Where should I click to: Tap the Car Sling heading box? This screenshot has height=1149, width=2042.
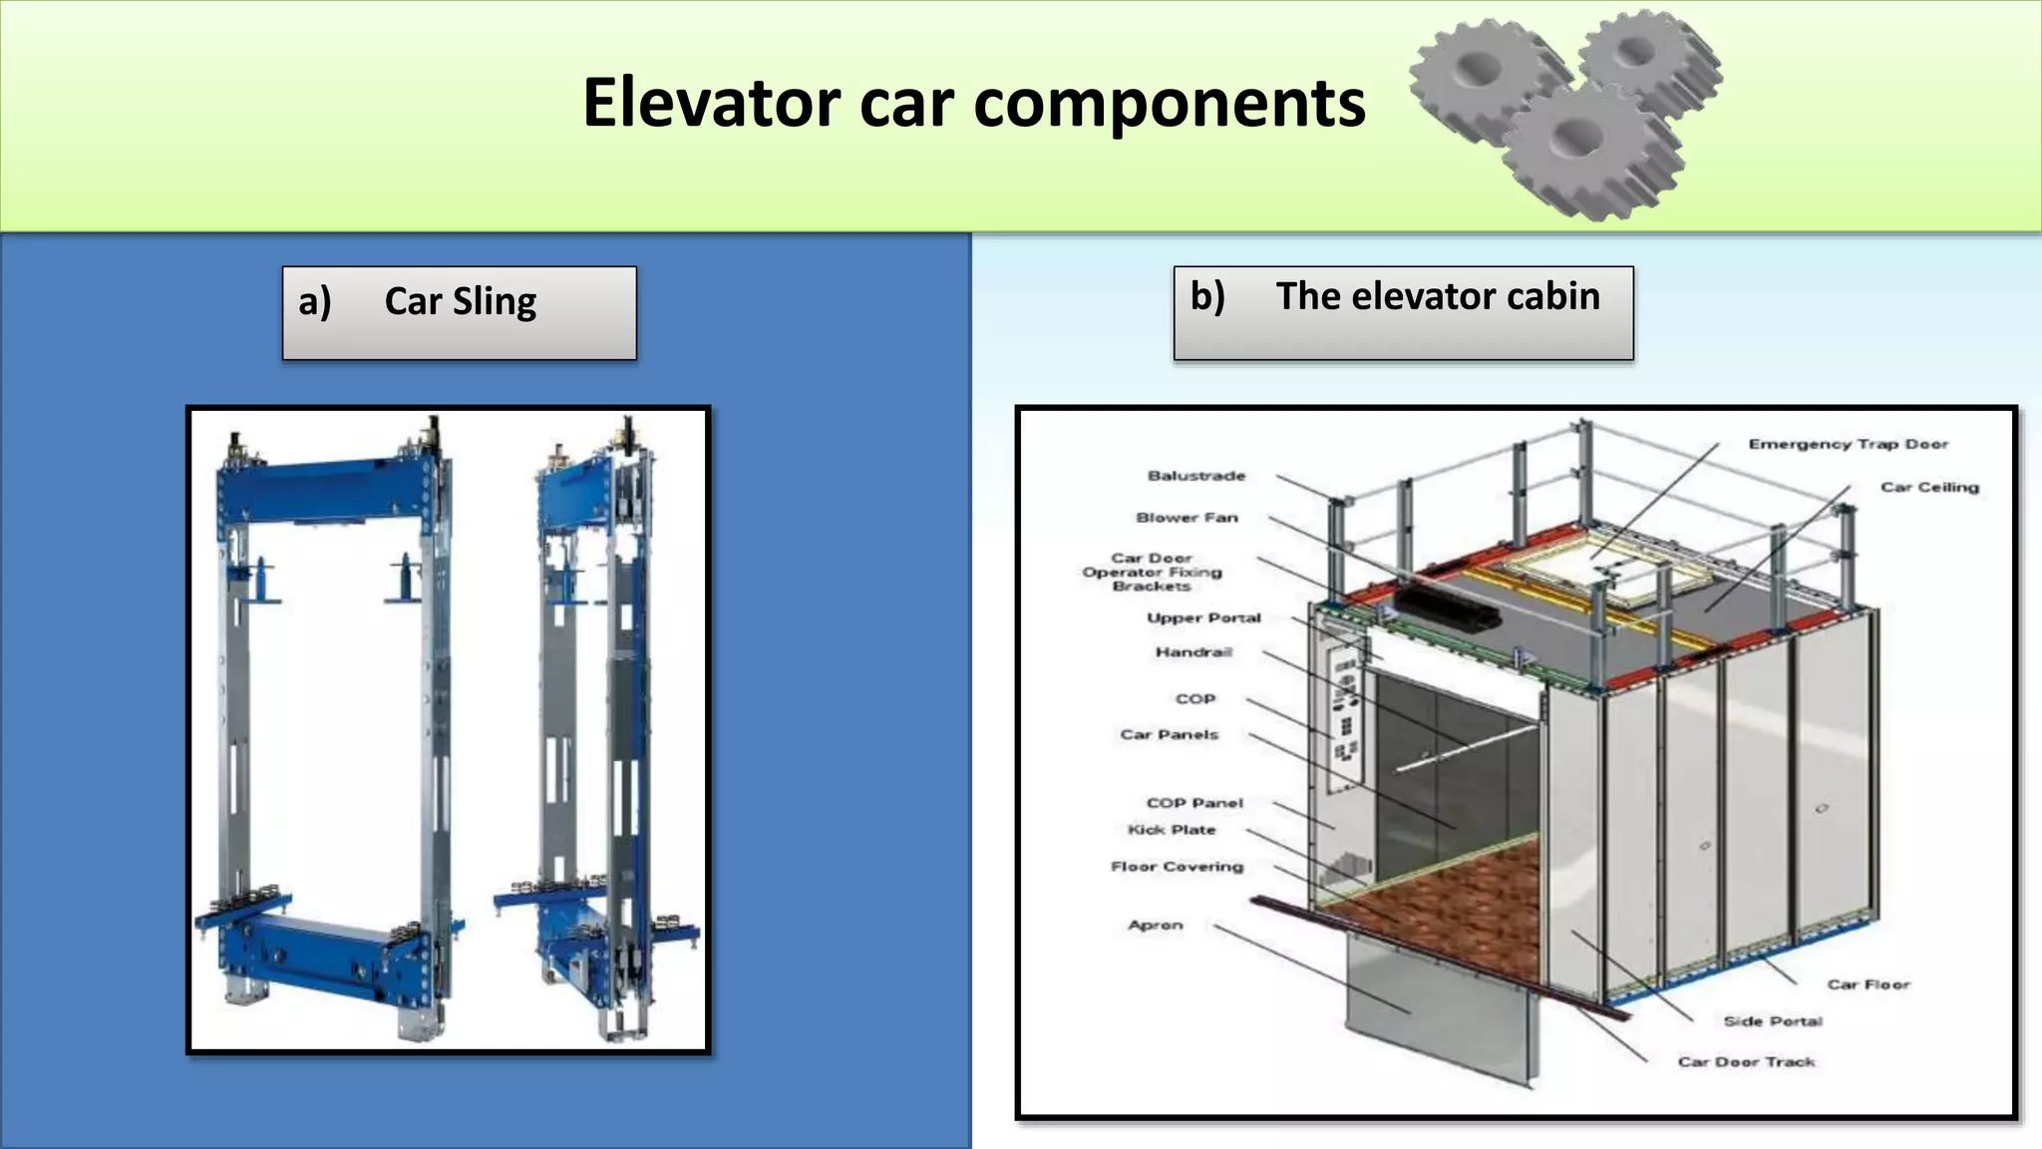(459, 311)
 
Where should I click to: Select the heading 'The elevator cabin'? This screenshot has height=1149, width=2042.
(1403, 311)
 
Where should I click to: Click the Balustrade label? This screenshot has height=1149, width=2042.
(1195, 476)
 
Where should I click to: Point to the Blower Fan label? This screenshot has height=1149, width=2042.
(1187, 518)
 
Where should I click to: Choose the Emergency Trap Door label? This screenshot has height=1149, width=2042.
(1848, 444)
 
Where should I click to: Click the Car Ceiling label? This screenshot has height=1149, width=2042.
(1929, 487)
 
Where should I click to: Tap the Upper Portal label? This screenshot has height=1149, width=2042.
(1203, 617)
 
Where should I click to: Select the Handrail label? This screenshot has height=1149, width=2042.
(1193, 652)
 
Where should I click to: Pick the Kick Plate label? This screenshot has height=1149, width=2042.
(1171, 830)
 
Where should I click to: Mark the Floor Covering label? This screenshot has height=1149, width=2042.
(1177, 867)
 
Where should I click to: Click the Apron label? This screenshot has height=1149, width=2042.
(1155, 925)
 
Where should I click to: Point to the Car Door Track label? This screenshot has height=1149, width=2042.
(1746, 1062)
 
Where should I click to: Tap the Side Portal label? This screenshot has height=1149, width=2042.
(1772, 1021)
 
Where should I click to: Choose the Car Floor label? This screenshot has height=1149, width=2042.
(1868, 984)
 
